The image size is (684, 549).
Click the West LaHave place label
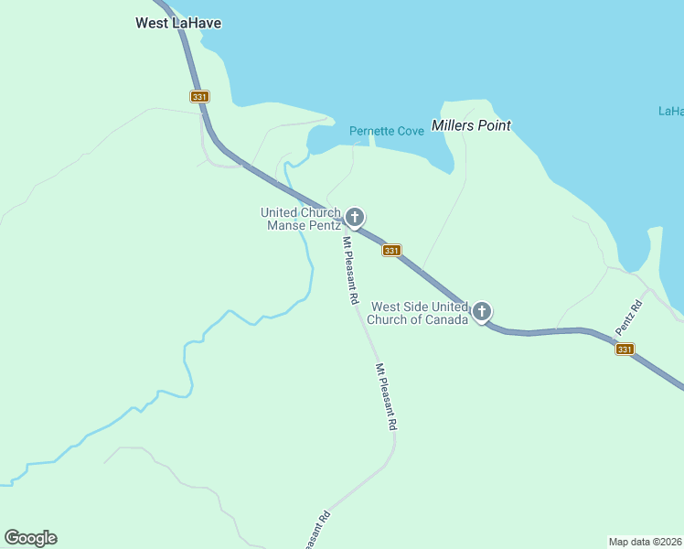tap(178, 23)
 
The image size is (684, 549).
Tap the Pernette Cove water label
tap(387, 132)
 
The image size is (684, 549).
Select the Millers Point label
tap(471, 125)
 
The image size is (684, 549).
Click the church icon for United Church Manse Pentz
tap(355, 217)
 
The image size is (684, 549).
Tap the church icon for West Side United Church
tap(481, 311)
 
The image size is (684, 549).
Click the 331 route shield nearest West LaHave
tap(200, 96)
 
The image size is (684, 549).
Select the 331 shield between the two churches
tap(391, 251)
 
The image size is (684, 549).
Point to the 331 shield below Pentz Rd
tap(624, 350)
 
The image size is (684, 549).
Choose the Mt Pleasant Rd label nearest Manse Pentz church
tap(350, 270)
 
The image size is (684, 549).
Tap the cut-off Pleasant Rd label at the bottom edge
tap(314, 532)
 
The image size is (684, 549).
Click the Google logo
tap(30, 538)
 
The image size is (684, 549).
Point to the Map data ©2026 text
tap(645, 541)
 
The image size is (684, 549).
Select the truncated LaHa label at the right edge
tap(670, 112)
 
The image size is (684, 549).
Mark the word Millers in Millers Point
tap(452, 125)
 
